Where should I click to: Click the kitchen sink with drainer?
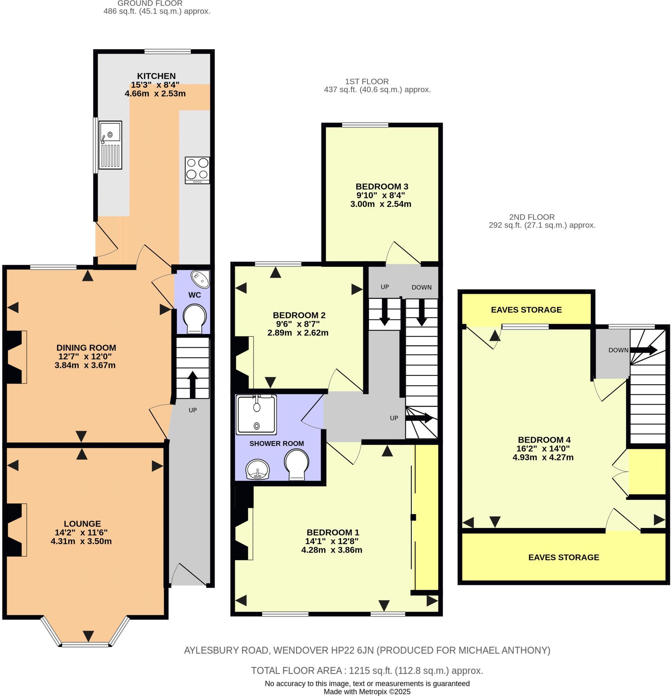[110, 145]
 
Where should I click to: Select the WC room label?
[195, 295]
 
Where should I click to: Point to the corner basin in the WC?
[200, 279]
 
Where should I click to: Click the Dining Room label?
[86, 348]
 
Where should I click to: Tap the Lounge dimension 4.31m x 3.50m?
[81, 541]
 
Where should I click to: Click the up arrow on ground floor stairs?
[192, 384]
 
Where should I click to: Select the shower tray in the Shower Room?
[256, 415]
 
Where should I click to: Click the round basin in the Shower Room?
[258, 469]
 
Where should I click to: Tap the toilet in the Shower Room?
[296, 464]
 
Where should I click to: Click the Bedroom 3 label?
[382, 187]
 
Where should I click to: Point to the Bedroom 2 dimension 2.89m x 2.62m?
[298, 333]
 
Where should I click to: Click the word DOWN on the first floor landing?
[421, 287]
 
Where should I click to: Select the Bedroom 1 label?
[333, 532]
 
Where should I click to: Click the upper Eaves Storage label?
[526, 310]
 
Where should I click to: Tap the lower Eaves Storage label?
[563, 557]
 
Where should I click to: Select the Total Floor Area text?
[367, 671]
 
